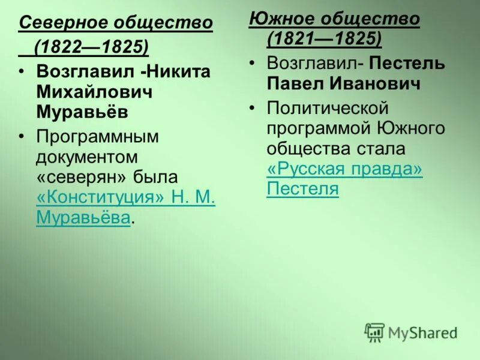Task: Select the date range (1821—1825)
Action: [324, 38]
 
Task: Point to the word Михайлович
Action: [94, 92]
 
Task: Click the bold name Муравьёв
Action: [82, 113]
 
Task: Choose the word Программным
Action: [97, 137]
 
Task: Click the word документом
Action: [87, 157]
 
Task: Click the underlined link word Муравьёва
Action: [82, 218]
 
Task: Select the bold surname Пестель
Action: [407, 63]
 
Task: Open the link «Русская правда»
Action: [344, 169]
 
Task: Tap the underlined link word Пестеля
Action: [302, 190]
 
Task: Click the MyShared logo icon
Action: [374, 332]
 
